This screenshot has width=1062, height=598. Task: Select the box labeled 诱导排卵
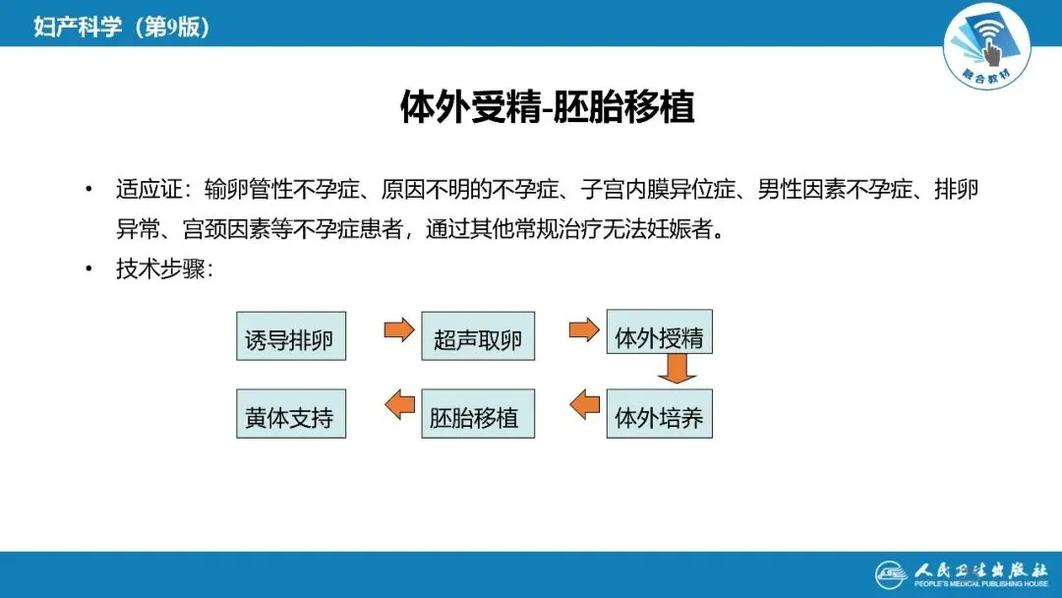(291, 339)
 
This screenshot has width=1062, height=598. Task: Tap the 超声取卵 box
(477, 339)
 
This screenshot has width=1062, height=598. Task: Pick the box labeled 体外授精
(659, 335)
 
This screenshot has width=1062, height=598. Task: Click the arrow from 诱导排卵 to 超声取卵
(399, 329)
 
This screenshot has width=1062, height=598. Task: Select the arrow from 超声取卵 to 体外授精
(584, 329)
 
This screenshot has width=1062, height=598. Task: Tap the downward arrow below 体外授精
(678, 370)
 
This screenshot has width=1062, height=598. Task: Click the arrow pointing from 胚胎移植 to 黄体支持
(399, 403)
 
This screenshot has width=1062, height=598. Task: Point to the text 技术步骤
(158, 269)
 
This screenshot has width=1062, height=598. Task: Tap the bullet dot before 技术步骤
(89, 269)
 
